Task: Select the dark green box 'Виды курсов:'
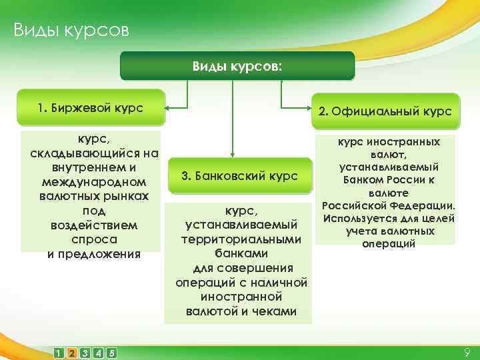tap(237, 67)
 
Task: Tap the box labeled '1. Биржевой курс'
tap(91, 107)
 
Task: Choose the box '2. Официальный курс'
tap(385, 111)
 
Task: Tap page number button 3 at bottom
tap(85, 353)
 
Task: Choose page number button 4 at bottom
tap(98, 353)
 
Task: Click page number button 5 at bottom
tap(111, 353)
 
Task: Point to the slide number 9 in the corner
tap(466, 351)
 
